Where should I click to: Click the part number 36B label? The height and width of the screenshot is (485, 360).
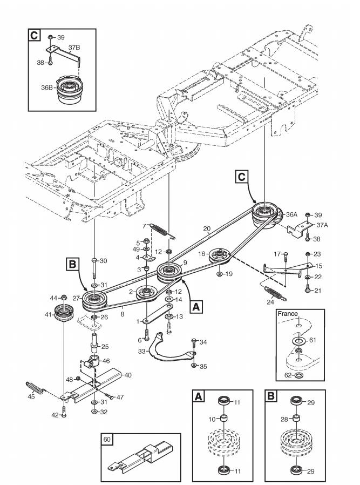[47, 87]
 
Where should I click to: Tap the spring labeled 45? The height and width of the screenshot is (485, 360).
[35, 388]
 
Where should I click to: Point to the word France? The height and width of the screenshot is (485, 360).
[288, 314]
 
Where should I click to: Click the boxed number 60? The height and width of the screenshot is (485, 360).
[107, 439]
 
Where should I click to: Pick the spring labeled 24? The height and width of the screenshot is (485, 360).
[275, 293]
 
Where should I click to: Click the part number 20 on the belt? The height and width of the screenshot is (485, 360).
[207, 229]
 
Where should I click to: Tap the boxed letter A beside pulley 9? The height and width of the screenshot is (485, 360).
[196, 307]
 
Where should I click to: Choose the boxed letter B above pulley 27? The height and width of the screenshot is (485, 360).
[72, 265]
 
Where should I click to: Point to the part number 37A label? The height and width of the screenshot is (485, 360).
[322, 225]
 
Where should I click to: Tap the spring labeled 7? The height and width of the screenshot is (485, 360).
[161, 231]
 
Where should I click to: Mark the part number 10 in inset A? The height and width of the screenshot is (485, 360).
[212, 420]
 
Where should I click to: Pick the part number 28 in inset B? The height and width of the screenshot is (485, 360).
[284, 420]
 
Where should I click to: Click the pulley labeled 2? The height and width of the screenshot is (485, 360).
[147, 293]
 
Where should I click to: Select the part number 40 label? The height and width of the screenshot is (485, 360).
[127, 375]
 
